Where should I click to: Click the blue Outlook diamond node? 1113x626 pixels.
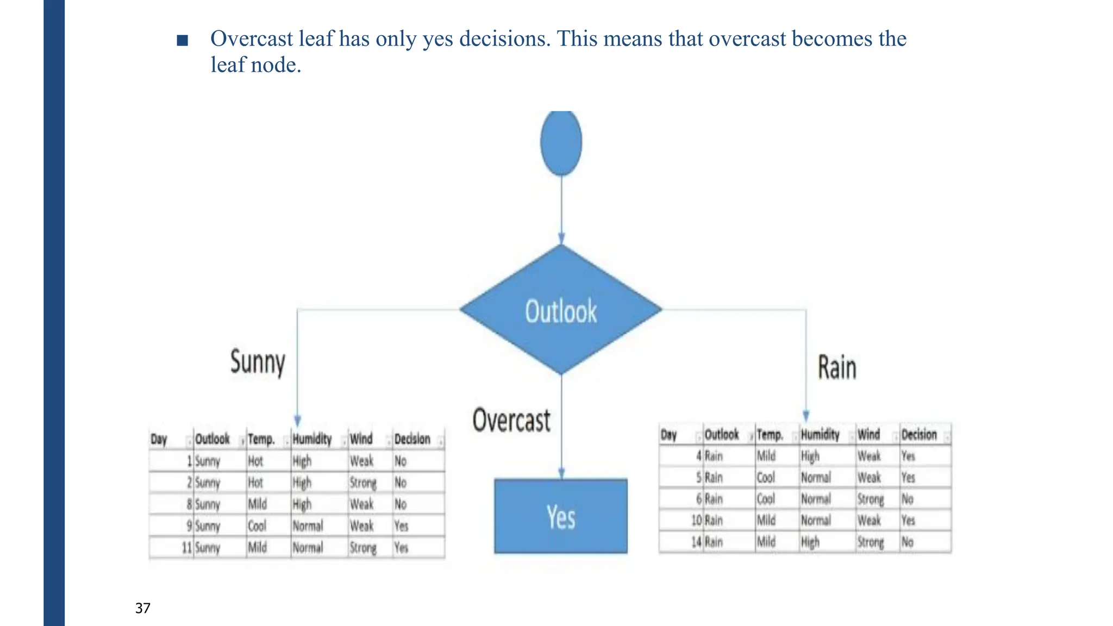tap(561, 310)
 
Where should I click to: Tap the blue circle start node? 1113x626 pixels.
tap(561, 142)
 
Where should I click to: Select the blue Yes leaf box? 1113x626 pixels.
tap(561, 516)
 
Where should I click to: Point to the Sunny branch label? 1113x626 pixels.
tap(258, 362)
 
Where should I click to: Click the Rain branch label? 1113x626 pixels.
tap(837, 368)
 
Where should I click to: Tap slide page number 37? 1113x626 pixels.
tap(143, 608)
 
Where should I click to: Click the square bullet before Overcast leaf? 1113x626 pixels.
tap(183, 40)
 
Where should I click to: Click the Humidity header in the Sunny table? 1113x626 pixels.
tap(312, 439)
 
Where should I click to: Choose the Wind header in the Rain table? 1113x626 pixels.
tap(868, 435)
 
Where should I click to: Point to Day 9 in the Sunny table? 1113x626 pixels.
tap(189, 526)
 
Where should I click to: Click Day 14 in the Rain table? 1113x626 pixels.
tap(696, 542)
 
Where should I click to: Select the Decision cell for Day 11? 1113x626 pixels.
tap(401, 547)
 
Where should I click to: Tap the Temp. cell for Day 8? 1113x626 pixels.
tap(258, 504)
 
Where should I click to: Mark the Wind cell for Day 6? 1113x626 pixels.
tap(871, 499)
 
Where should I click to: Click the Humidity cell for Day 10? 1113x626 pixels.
tap(816, 521)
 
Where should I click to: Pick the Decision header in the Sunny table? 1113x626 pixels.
tap(412, 439)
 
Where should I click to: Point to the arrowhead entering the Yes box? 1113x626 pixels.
tap(561, 474)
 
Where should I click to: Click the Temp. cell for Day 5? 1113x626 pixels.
tap(766, 478)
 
